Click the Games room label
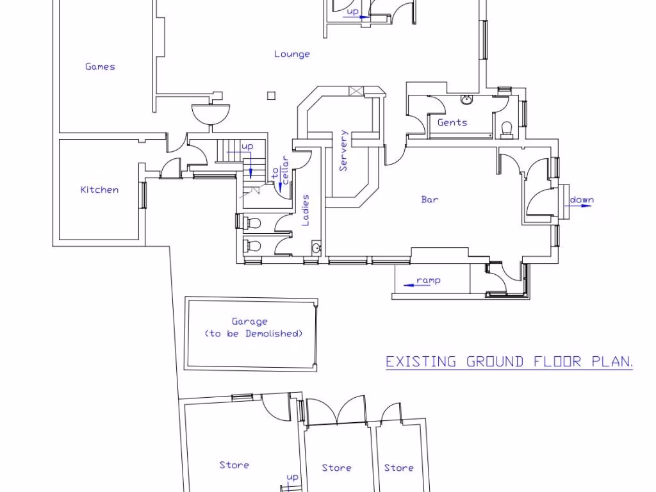[x=100, y=67]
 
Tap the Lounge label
[x=292, y=54]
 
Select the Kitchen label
[x=99, y=190]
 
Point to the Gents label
[x=452, y=122]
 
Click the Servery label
[x=343, y=151]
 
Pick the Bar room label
[x=430, y=200]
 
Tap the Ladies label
[x=306, y=210]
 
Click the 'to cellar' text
[x=281, y=170]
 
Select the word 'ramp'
[x=429, y=280]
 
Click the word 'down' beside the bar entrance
[x=582, y=200]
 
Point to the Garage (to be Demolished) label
[x=253, y=327]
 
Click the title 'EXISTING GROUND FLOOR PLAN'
[x=509, y=361]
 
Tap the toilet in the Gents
[x=507, y=129]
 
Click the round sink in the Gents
[x=466, y=100]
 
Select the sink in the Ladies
[x=316, y=248]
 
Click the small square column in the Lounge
[x=271, y=96]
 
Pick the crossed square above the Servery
[x=356, y=91]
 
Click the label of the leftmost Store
[x=234, y=465]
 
